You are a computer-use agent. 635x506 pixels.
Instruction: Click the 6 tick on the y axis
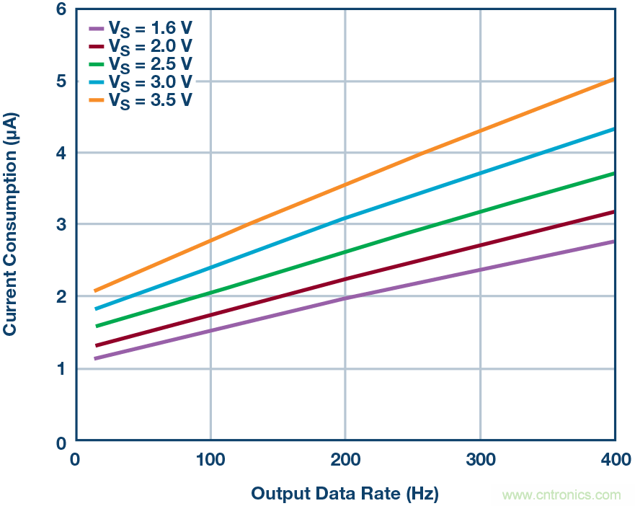[x=61, y=10]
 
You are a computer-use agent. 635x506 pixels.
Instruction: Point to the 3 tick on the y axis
[x=61, y=225]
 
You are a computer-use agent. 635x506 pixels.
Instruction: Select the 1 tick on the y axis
[x=61, y=369]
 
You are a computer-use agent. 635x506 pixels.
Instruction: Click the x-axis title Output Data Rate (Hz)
[x=345, y=494]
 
